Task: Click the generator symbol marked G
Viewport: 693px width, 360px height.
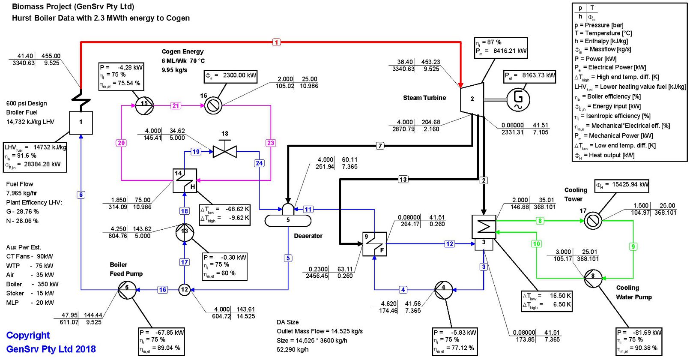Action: click(518, 99)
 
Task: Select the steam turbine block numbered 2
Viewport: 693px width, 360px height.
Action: click(472, 99)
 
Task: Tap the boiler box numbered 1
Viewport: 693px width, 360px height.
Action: click(81, 122)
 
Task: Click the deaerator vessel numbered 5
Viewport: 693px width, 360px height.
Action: click(288, 219)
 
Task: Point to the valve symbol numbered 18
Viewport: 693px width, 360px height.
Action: click(225, 151)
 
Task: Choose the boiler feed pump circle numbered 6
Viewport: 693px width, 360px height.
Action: click(127, 290)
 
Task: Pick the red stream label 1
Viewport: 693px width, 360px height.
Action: click(276, 42)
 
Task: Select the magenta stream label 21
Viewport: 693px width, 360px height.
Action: click(176, 105)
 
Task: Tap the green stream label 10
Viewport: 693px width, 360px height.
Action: click(537, 244)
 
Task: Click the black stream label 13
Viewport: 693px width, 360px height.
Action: click(403, 180)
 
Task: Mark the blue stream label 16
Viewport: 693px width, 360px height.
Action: click(162, 290)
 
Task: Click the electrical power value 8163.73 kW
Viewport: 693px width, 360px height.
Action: click(538, 75)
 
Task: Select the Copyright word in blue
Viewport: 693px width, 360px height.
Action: click(28, 335)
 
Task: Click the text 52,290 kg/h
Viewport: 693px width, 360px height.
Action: click(292, 349)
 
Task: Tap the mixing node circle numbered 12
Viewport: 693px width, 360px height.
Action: click(185, 290)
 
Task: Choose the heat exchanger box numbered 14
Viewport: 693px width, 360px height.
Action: click(185, 180)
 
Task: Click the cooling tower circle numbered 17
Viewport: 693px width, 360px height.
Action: click(593, 221)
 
